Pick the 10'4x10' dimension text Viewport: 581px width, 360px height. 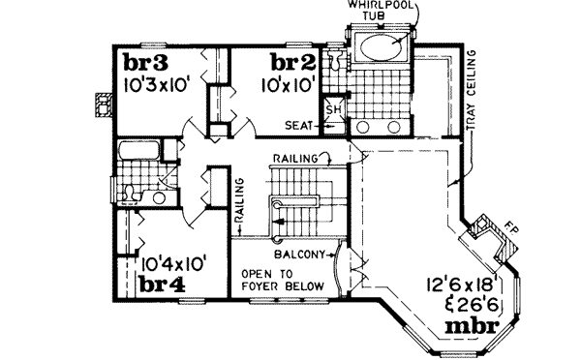(x=172, y=262)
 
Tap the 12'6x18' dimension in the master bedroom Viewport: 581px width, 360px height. (x=461, y=285)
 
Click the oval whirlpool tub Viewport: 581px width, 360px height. (x=379, y=47)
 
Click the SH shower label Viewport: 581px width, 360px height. (x=331, y=107)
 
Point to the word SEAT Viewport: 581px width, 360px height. (x=297, y=125)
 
